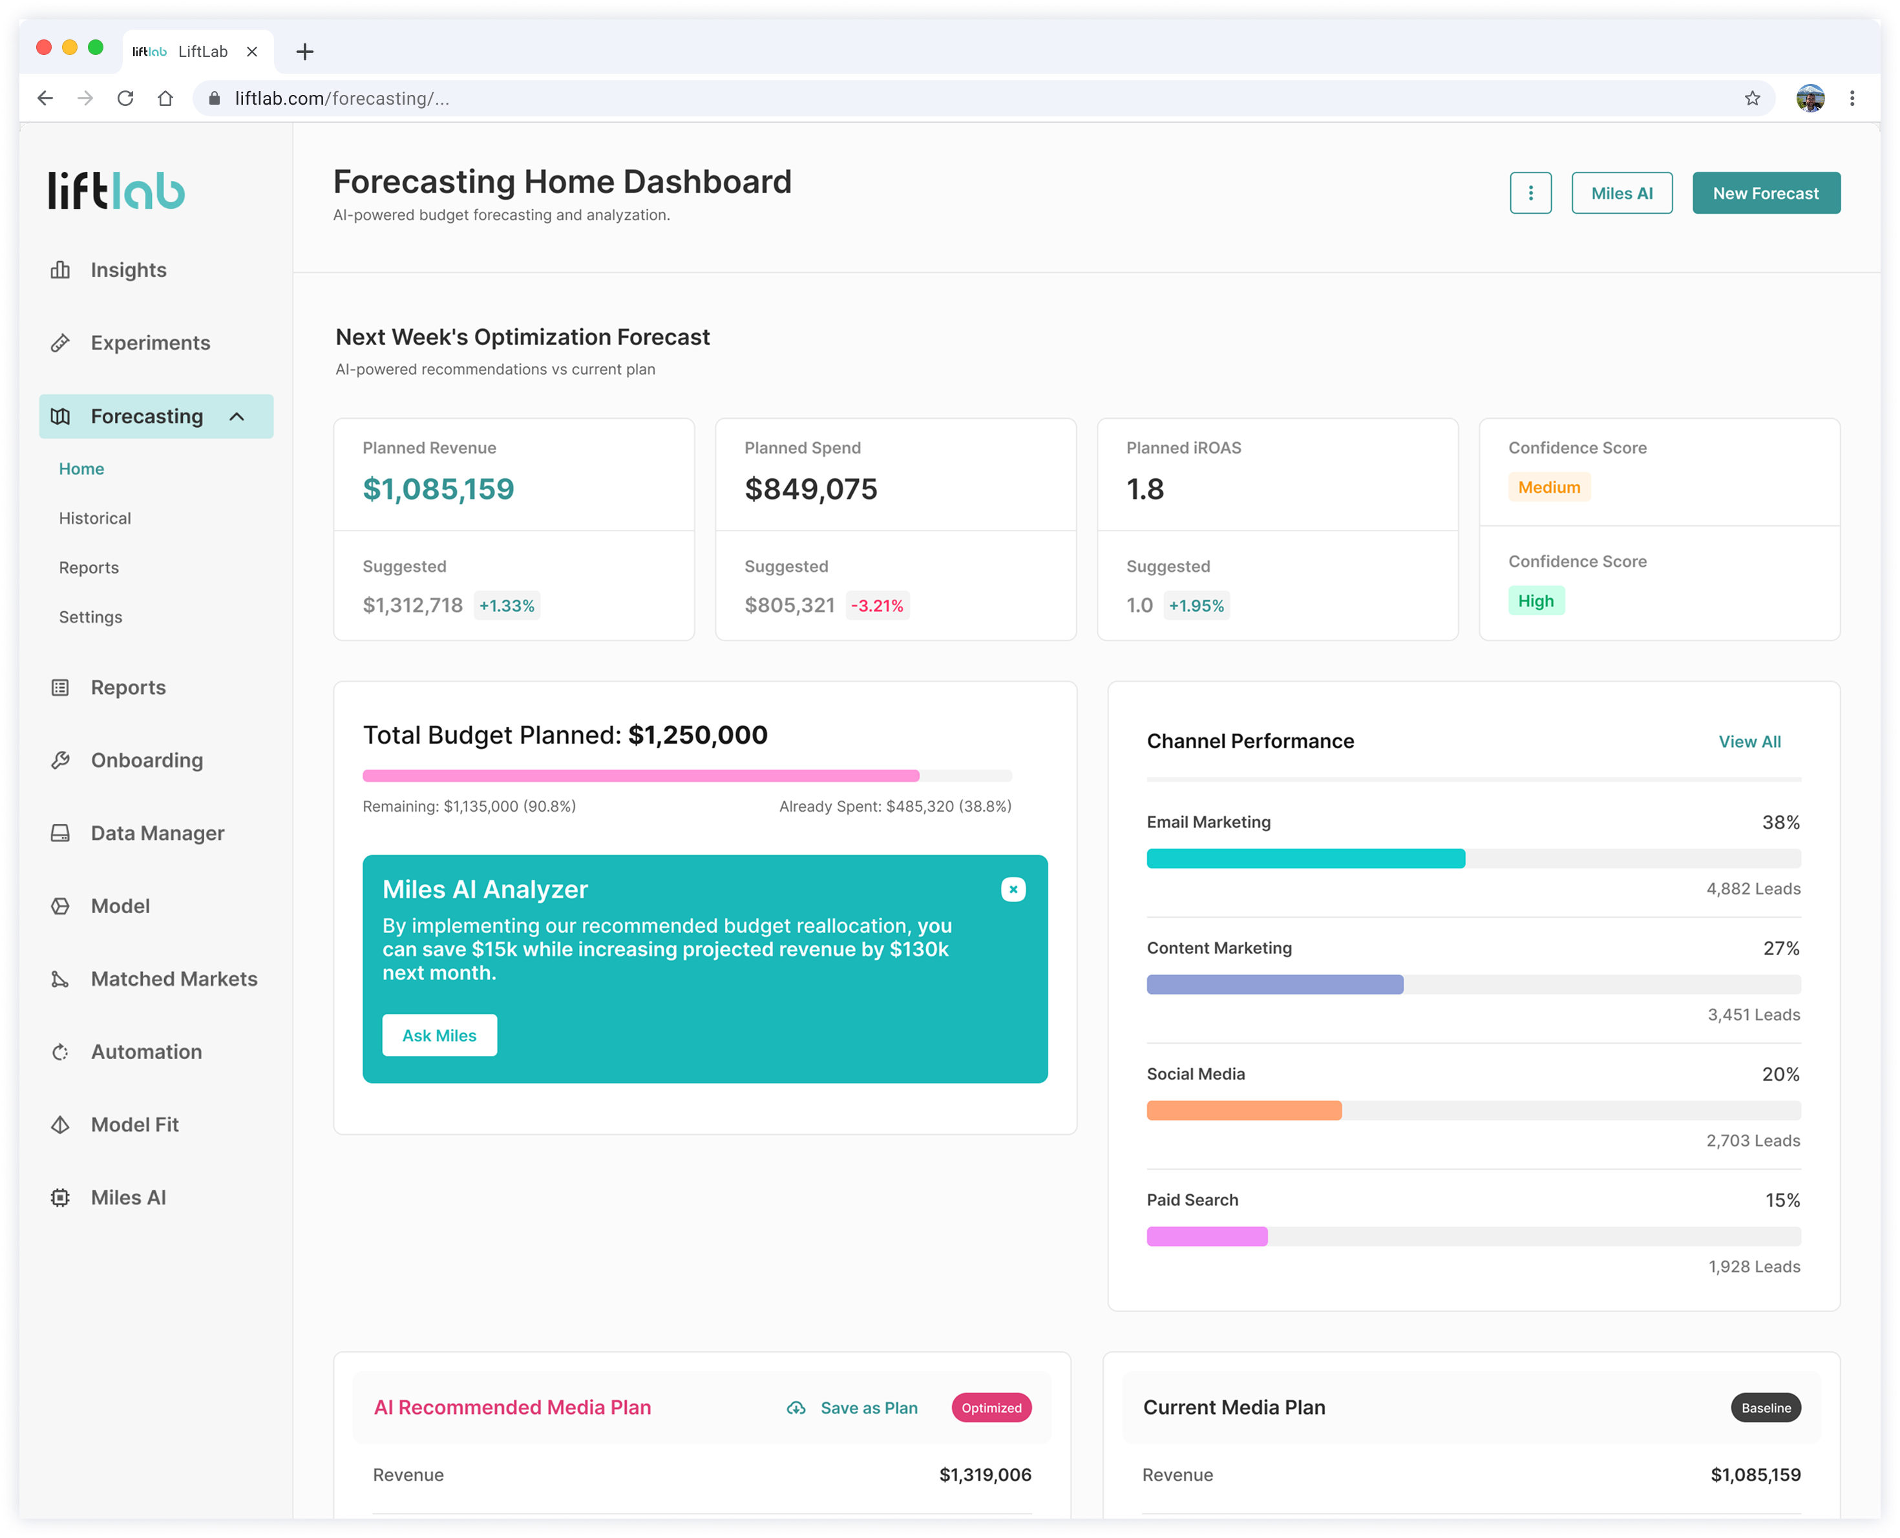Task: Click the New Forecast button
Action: coord(1766,193)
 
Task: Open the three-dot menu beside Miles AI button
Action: coord(1530,193)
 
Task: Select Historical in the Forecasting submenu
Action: coord(95,518)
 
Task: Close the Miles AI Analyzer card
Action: coord(1013,889)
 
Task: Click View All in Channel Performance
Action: coord(1749,742)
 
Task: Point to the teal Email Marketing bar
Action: coord(1305,858)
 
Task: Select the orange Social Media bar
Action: coord(1243,1110)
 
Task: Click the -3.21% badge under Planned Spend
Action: coord(877,606)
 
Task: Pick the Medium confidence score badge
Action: coord(1549,487)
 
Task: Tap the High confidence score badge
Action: coord(1536,601)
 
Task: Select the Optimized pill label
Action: coord(991,1407)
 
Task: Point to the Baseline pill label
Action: coord(1766,1407)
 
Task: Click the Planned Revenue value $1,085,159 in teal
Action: coord(438,489)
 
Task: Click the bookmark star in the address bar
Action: coord(1752,98)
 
